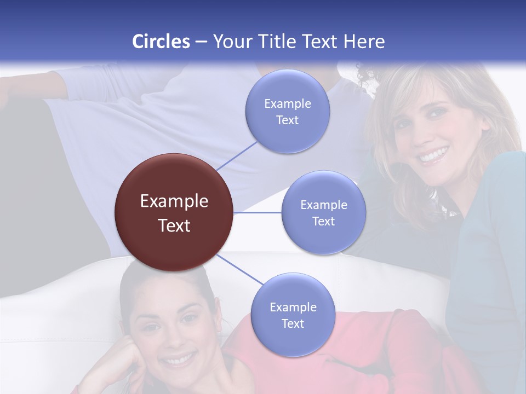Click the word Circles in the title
(x=161, y=42)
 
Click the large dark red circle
(x=174, y=212)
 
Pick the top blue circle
(x=287, y=112)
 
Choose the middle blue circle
(x=323, y=212)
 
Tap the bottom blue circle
(x=293, y=315)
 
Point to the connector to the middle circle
(x=258, y=212)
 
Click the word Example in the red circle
(x=174, y=201)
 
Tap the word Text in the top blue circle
(x=287, y=120)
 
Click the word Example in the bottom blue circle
(x=293, y=307)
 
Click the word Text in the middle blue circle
(x=323, y=221)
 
